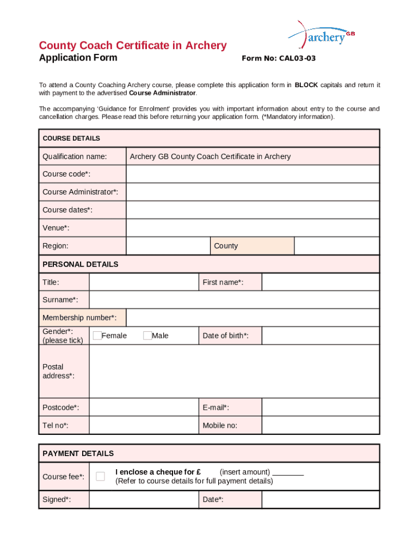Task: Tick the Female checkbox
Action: click(97, 336)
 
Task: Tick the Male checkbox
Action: click(147, 336)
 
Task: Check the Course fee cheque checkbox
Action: click(100, 476)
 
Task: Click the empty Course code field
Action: click(252, 174)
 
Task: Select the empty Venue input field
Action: click(252, 228)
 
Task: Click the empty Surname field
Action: click(234, 300)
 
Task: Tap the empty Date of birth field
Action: click(320, 336)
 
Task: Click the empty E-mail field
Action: click(320, 408)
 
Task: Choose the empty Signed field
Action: click(144, 500)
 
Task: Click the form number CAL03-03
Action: click(279, 58)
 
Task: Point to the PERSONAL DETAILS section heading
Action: click(81, 264)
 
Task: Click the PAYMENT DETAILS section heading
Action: click(78, 453)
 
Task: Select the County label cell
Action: click(252, 246)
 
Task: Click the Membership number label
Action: click(79, 318)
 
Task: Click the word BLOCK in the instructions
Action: click(306, 85)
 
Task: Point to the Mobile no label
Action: click(220, 426)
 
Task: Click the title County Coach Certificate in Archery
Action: click(133, 45)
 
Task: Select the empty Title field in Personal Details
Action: click(144, 282)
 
